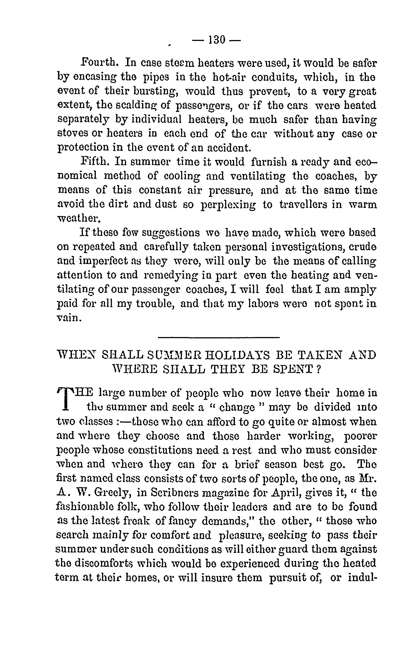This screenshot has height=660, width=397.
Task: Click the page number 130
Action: click(x=217, y=40)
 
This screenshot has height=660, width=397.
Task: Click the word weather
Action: click(x=79, y=219)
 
